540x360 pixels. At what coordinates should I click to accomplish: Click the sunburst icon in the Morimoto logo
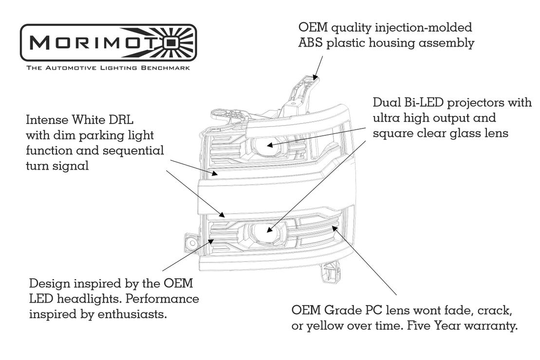point(178,43)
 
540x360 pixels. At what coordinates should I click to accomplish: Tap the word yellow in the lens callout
point(323,325)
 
